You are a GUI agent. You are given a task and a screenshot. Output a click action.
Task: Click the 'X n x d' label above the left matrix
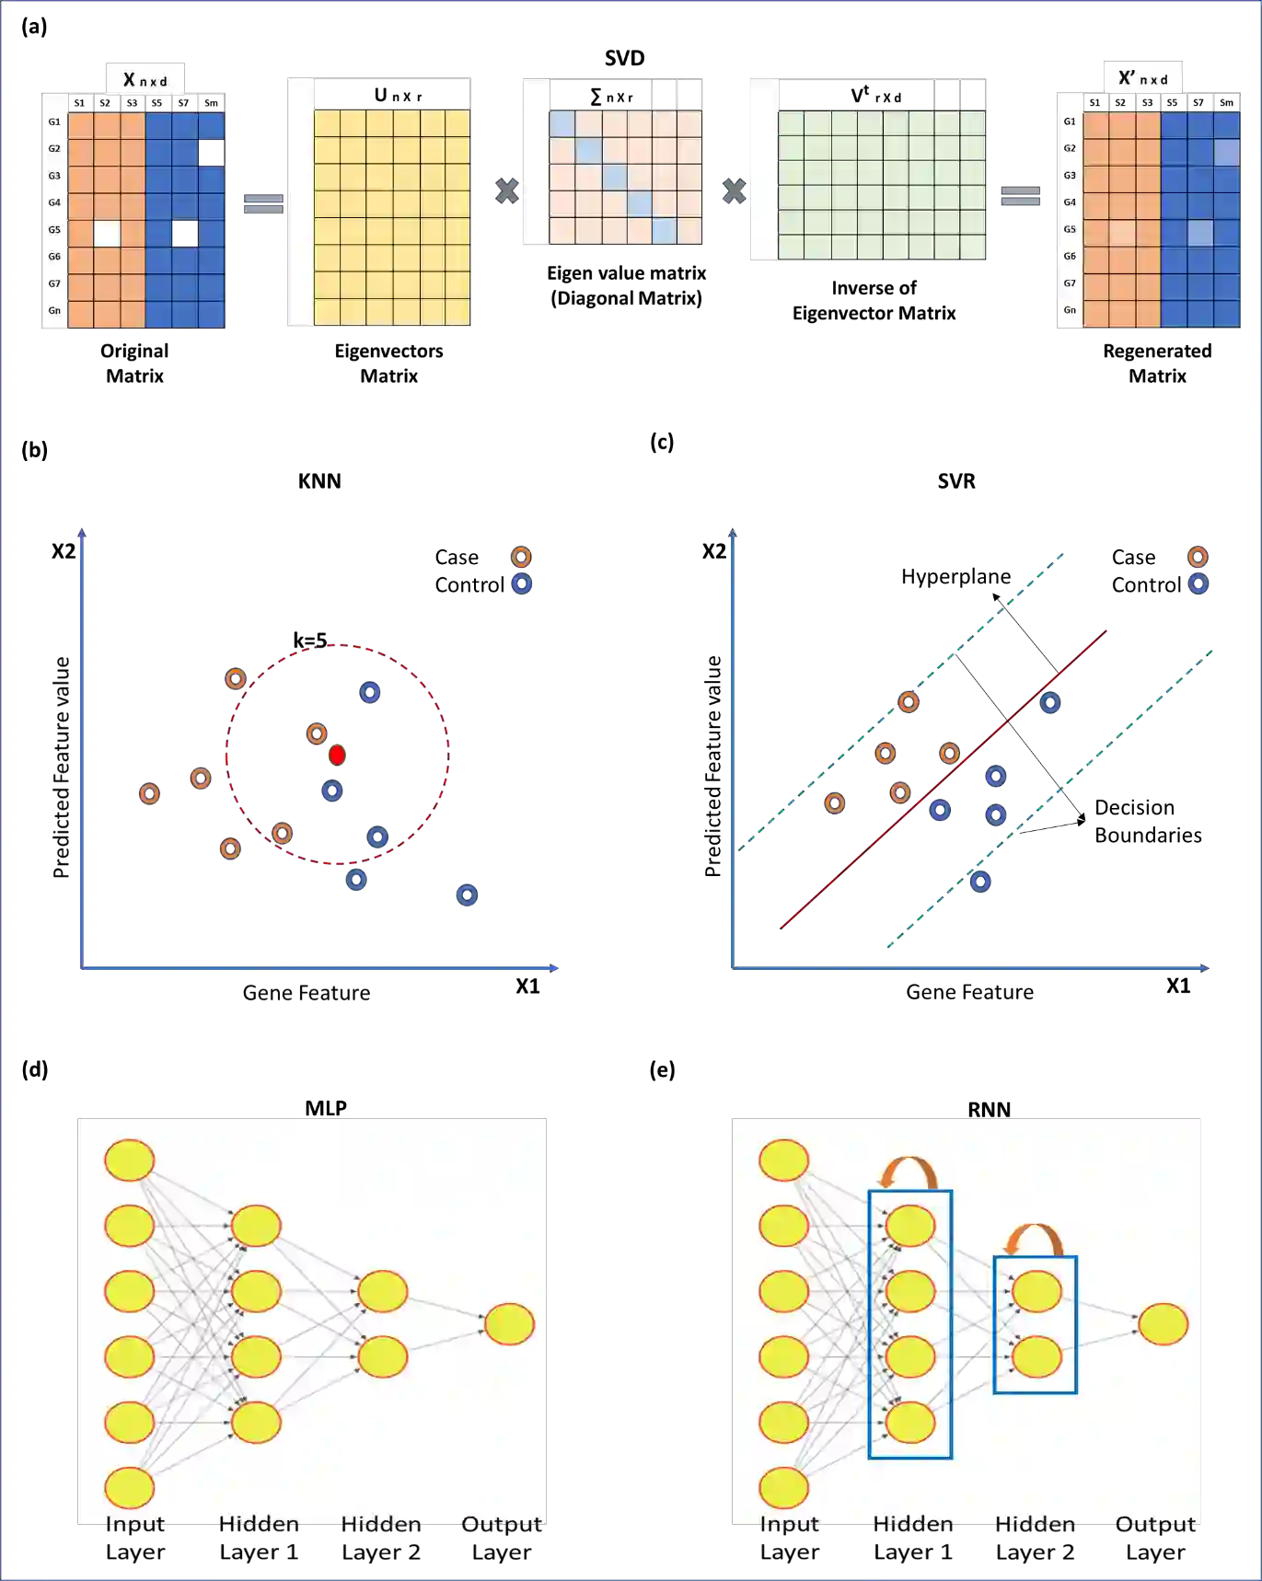tap(145, 80)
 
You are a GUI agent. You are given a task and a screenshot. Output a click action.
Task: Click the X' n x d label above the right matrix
tap(1142, 79)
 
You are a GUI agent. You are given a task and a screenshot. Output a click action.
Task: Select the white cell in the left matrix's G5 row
tap(107, 234)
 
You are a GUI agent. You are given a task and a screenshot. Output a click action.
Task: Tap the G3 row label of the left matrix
tap(54, 176)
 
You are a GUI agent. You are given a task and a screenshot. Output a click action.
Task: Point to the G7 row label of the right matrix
tap(1070, 283)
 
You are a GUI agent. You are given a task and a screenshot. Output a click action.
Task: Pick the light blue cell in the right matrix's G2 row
tap(1226, 153)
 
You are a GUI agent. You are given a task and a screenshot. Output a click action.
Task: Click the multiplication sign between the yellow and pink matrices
tap(506, 191)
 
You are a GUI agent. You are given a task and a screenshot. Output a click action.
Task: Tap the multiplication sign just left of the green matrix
tap(734, 191)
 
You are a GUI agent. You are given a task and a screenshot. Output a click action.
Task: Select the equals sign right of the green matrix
tap(1020, 195)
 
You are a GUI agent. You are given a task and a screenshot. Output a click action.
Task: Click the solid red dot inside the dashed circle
tap(337, 756)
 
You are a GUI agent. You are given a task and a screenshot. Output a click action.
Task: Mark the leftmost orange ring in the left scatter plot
tap(150, 793)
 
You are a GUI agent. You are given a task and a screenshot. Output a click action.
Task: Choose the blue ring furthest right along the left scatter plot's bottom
tap(467, 895)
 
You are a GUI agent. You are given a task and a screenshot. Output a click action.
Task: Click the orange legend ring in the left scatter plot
tap(521, 557)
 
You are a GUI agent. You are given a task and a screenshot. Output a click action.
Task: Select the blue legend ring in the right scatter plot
tap(1198, 583)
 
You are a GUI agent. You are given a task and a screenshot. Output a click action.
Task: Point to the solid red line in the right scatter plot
tap(948, 777)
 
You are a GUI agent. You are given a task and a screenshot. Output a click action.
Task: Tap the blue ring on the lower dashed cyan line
tap(981, 882)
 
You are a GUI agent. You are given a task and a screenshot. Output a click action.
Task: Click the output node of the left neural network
tap(509, 1324)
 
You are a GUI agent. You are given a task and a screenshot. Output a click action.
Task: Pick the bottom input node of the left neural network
tap(130, 1487)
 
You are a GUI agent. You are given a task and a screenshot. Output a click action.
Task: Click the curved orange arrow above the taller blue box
tap(909, 1171)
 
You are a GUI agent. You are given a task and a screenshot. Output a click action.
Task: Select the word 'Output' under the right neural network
tap(1154, 1522)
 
